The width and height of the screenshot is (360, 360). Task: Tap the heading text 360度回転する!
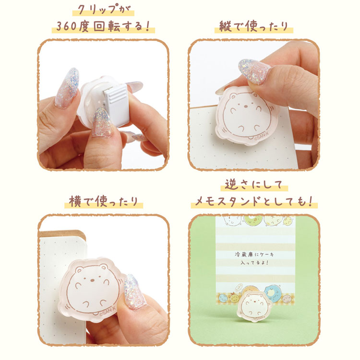click(103, 26)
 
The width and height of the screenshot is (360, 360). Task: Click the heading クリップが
click(103, 10)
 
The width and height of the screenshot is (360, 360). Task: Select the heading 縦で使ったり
click(254, 26)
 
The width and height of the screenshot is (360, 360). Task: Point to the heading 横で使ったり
click(104, 202)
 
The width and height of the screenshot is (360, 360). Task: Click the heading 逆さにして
click(254, 185)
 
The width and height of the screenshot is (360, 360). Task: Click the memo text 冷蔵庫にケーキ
click(254, 254)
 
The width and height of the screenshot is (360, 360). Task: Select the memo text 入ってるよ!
click(254, 263)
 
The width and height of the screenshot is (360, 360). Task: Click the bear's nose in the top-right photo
click(245, 106)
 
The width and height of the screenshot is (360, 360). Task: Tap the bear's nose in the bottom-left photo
click(92, 280)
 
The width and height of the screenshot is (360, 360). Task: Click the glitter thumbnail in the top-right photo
click(254, 71)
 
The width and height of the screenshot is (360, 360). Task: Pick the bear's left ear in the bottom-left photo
click(80, 269)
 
